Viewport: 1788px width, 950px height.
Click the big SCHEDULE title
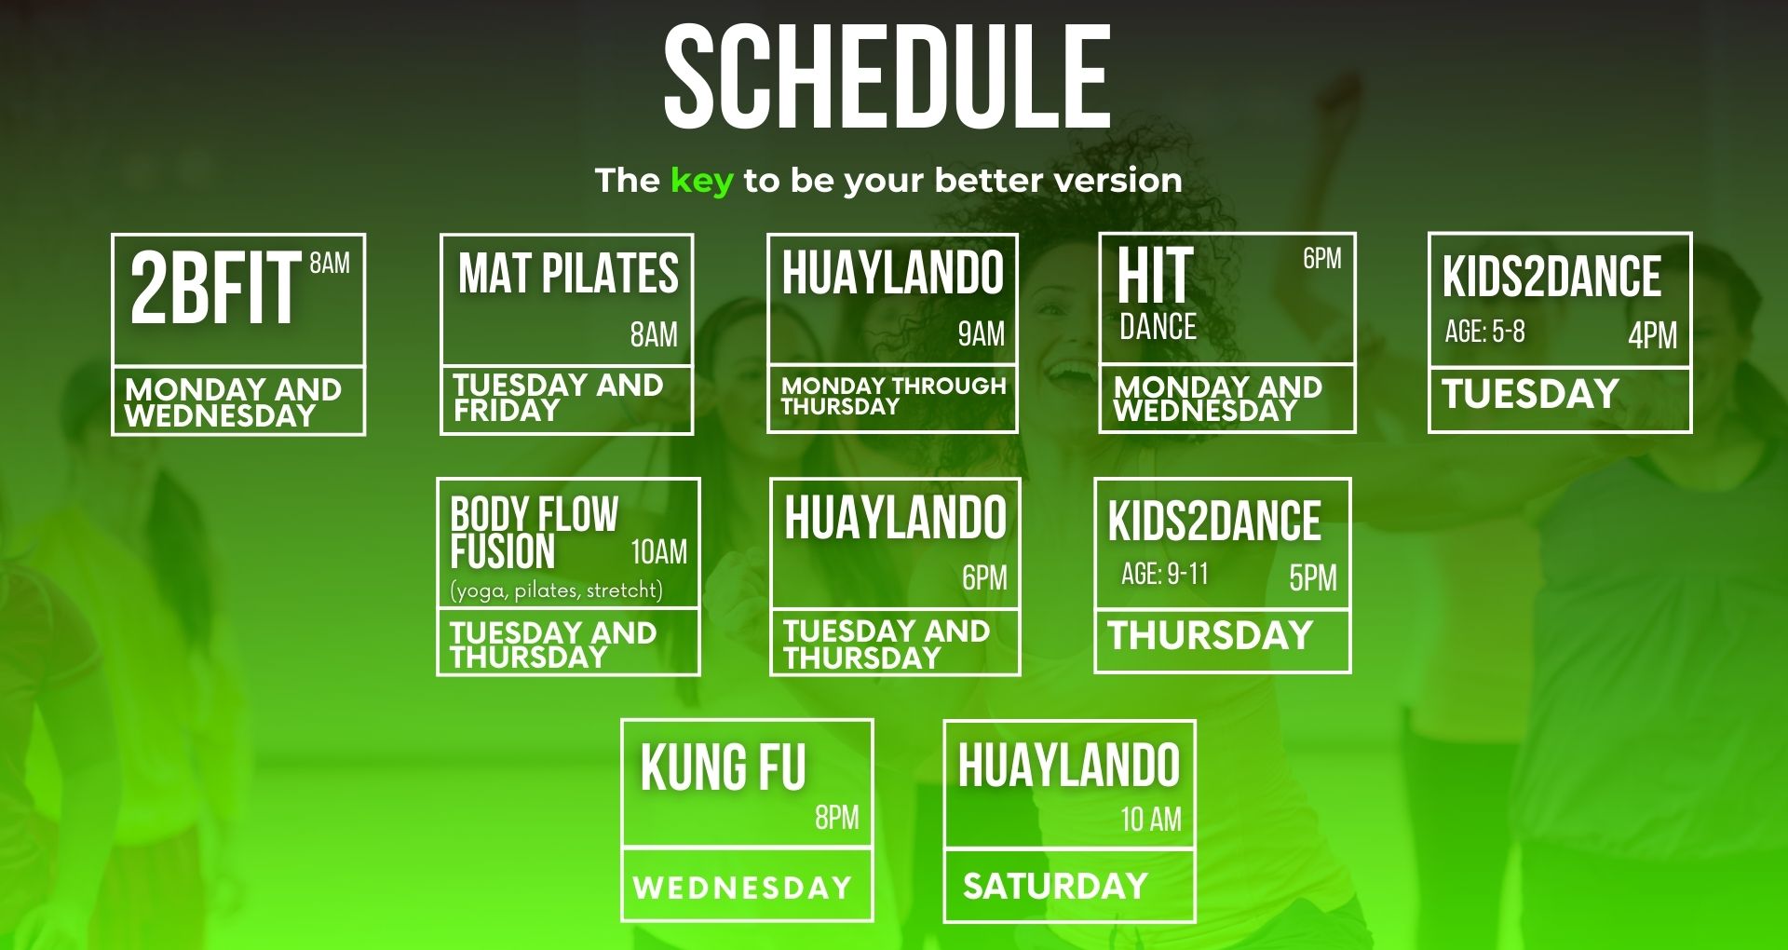887,77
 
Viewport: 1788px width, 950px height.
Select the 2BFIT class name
215,289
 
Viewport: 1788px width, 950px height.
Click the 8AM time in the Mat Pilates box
654,334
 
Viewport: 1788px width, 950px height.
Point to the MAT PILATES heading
568,274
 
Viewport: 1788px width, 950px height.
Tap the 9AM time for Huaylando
982,333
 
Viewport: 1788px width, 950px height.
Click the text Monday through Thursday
893,396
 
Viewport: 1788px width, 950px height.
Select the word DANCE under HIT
1158,327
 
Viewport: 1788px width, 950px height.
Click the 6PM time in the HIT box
1321,258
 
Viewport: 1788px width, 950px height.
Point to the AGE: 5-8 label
1484,332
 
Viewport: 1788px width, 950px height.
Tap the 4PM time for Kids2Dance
1652,335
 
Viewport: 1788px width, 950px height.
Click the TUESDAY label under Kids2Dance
1530,394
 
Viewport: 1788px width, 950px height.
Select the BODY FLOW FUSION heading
534,533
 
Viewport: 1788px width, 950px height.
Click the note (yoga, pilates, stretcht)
556,590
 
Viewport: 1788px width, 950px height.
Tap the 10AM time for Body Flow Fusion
658,552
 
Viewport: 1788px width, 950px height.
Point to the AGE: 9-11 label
1165,574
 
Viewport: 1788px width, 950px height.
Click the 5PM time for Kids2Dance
1313,578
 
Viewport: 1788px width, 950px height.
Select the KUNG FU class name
723,767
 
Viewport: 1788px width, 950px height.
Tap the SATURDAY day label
1055,886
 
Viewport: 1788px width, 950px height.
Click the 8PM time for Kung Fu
836,818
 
